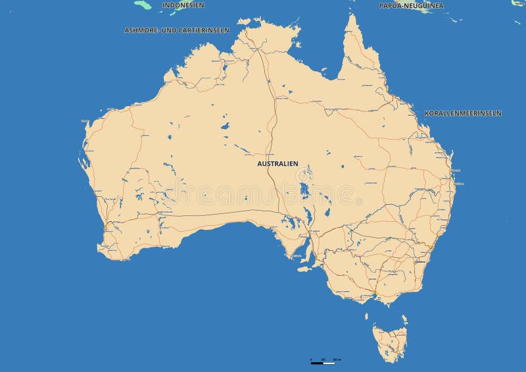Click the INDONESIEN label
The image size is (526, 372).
pos(183,5)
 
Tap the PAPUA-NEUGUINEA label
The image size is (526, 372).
pos(411,5)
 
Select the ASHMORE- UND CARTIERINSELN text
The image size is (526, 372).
pos(177,30)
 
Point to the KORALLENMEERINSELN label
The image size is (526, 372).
pos(463,113)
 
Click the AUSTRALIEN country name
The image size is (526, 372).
pos(277,163)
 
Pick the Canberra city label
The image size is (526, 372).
pos(419,261)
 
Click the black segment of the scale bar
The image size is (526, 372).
pos(317,363)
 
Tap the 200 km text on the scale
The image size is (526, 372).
pos(337,359)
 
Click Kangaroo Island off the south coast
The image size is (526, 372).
pos(304,267)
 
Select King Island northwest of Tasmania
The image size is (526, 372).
pos(368,317)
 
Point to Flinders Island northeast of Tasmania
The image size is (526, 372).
pos(404,319)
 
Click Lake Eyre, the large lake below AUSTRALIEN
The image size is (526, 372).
pos(303,191)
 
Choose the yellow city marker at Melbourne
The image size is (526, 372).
pos(374,292)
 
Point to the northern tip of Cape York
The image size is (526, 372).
pos(352,15)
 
